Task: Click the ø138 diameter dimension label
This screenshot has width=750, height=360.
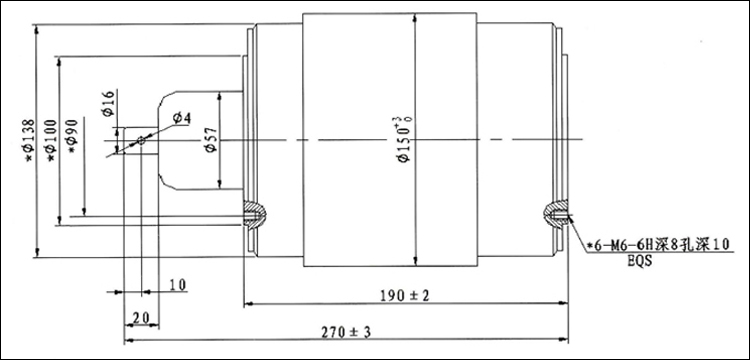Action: pos(29,140)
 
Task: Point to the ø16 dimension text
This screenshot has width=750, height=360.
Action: pos(108,103)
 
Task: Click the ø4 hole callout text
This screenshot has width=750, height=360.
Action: pos(182,118)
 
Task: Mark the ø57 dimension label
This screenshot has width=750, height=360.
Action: pos(211,140)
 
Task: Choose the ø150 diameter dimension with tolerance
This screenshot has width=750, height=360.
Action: pos(405,139)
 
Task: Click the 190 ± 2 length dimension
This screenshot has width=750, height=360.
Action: pos(405,296)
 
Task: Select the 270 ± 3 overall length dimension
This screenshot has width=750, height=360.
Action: pos(346,332)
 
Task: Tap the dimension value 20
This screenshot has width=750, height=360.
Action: pos(142,317)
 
